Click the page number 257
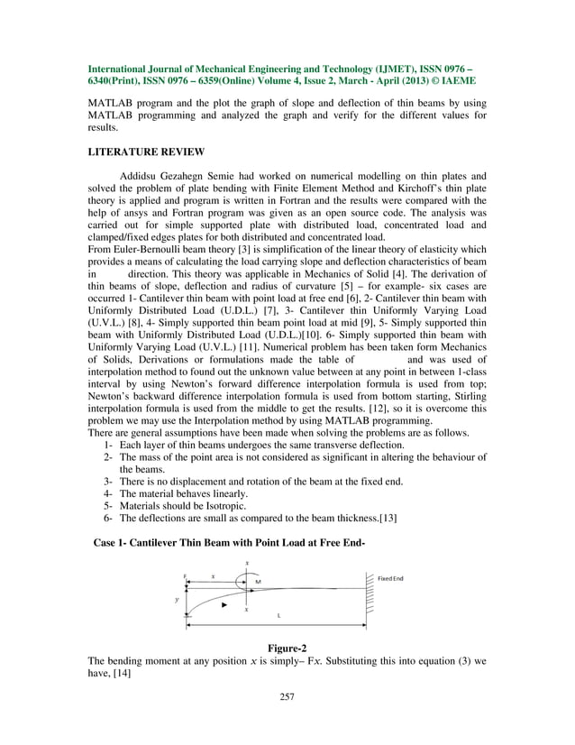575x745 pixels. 287,695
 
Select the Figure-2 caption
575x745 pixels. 287,647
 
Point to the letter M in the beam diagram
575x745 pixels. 259,582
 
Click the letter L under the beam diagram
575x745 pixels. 278,615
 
